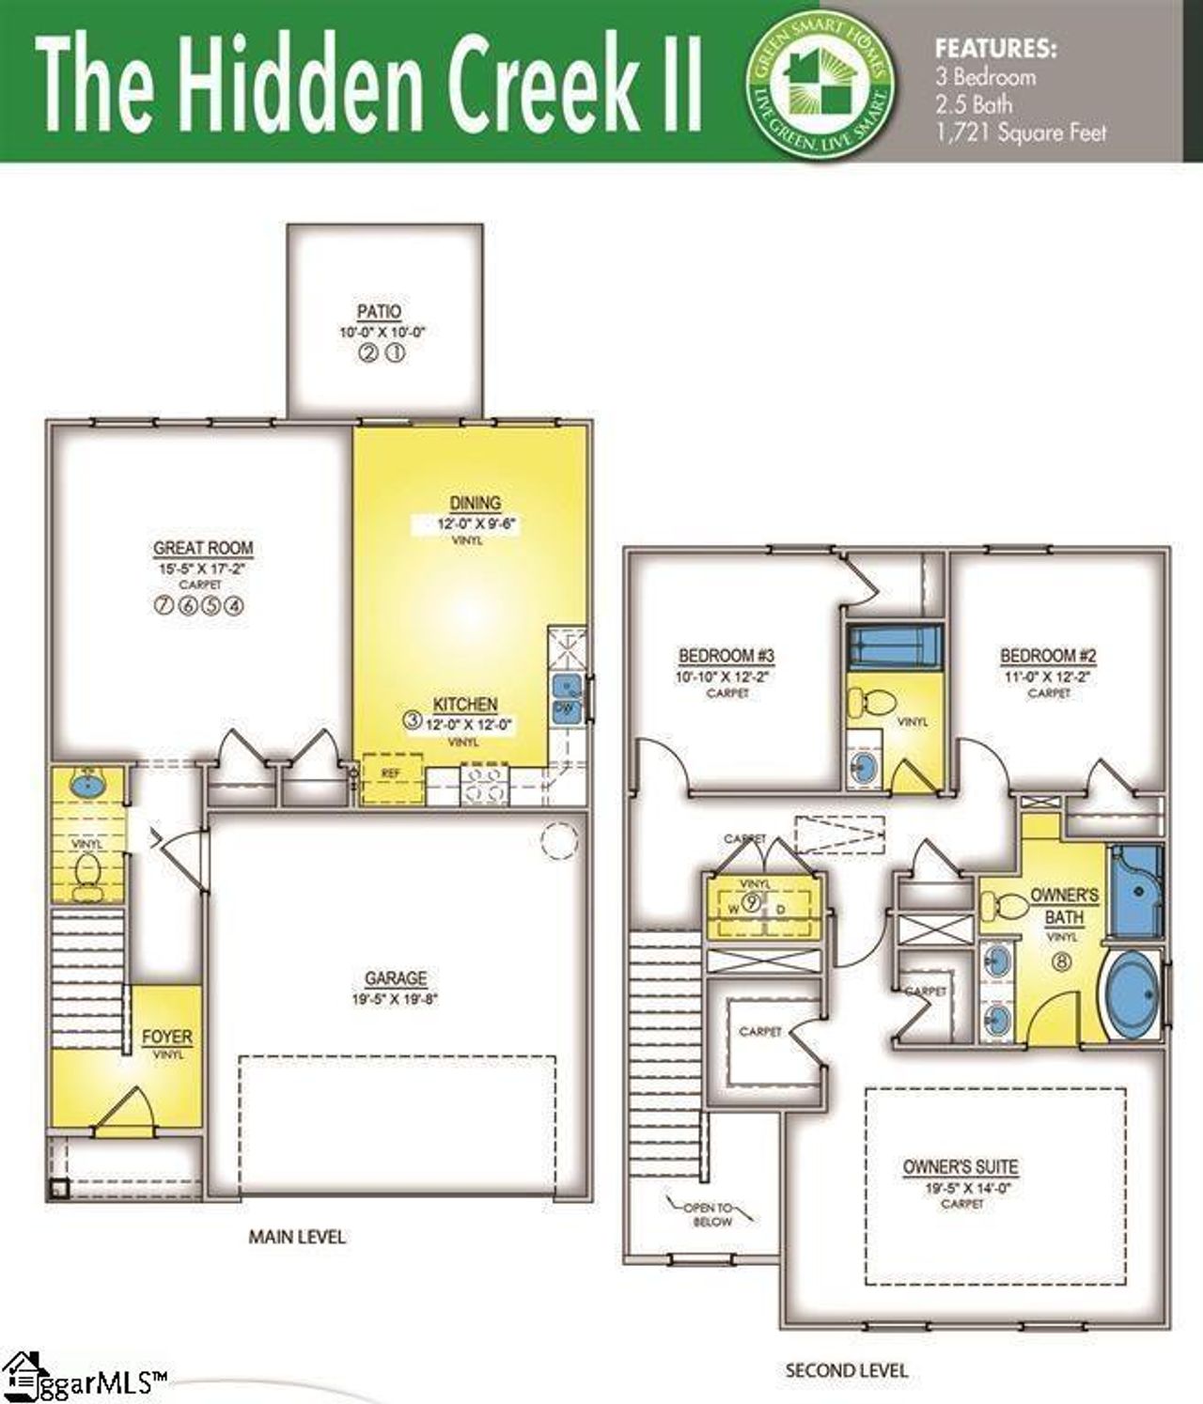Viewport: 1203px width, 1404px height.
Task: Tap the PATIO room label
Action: [379, 312]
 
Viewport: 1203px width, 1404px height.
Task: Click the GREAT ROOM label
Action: [203, 548]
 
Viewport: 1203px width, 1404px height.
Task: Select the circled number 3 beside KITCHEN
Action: [412, 721]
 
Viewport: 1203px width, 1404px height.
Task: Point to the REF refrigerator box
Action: [391, 774]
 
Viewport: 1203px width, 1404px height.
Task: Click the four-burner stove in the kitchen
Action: [483, 785]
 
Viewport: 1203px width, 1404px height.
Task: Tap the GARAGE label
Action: [396, 979]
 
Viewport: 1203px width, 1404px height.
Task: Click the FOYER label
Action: [167, 1037]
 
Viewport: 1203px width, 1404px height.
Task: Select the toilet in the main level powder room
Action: [87, 870]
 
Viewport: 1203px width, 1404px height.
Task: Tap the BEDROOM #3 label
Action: [726, 656]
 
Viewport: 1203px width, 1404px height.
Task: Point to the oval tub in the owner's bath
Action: [1132, 994]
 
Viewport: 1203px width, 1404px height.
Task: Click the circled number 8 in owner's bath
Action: [1063, 961]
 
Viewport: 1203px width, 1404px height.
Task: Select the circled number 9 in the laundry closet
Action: [752, 903]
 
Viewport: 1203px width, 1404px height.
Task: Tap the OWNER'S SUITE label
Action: [961, 1167]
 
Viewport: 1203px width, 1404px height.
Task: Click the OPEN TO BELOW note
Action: [711, 1214]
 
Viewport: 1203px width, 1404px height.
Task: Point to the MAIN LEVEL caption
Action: [297, 1237]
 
